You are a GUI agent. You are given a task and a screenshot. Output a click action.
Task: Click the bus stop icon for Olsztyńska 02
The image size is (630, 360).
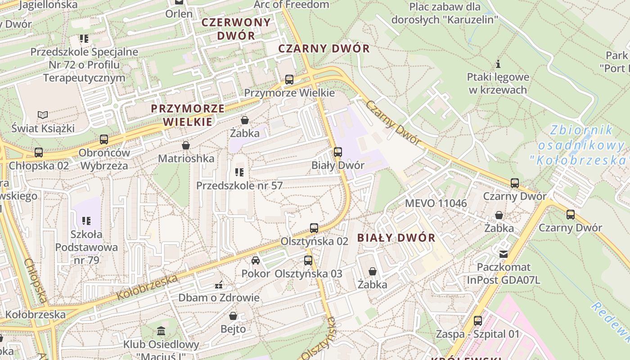tap(314, 228)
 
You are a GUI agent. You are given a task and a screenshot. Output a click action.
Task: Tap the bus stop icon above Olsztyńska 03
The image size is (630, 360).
tap(308, 260)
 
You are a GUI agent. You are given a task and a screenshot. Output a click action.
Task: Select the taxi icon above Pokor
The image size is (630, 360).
tap(255, 261)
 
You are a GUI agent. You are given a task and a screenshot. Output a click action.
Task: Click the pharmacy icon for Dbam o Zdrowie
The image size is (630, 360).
tap(219, 284)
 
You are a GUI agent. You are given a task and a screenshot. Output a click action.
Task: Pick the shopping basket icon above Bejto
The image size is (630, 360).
tap(233, 316)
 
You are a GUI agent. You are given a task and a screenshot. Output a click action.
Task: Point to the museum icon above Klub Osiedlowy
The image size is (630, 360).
tap(161, 332)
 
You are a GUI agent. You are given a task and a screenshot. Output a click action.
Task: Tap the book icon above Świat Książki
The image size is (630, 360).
tap(43, 115)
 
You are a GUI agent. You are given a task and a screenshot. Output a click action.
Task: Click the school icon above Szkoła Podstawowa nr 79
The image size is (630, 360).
tap(86, 221)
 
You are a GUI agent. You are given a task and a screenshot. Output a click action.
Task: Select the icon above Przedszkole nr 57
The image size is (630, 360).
tap(239, 172)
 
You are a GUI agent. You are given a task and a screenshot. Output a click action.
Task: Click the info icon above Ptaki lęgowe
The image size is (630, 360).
tap(498, 64)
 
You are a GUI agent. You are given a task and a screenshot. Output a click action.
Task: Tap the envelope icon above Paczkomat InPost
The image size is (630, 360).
tap(504, 254)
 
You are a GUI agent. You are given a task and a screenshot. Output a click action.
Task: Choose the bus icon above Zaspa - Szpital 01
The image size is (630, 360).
tap(477, 321)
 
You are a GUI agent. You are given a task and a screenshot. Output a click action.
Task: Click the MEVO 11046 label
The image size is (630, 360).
tap(436, 203)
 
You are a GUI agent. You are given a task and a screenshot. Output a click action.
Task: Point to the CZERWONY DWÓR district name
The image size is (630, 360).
tap(236, 29)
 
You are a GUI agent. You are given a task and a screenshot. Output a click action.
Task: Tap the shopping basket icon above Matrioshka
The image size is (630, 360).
tap(185, 145)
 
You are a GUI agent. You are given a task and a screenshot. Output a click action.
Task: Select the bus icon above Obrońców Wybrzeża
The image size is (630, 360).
tap(104, 139)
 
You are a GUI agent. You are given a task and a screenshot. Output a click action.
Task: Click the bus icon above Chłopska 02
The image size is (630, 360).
tap(39, 153)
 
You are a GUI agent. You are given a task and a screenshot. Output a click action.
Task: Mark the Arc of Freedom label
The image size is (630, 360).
tap(291, 4)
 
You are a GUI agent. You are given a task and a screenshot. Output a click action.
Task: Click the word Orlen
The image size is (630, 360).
tap(179, 13)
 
